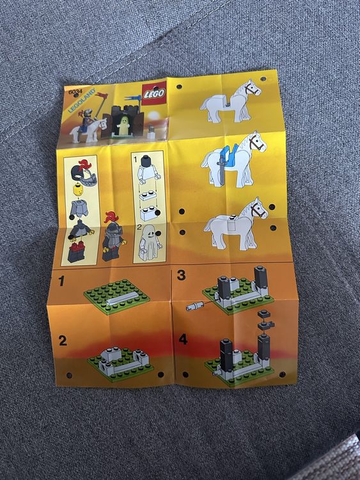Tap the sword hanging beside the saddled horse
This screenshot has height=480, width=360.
click(220, 170)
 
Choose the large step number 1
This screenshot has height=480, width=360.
click(62, 280)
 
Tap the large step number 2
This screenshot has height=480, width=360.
click(63, 340)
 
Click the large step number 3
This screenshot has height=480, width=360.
click(181, 275)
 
